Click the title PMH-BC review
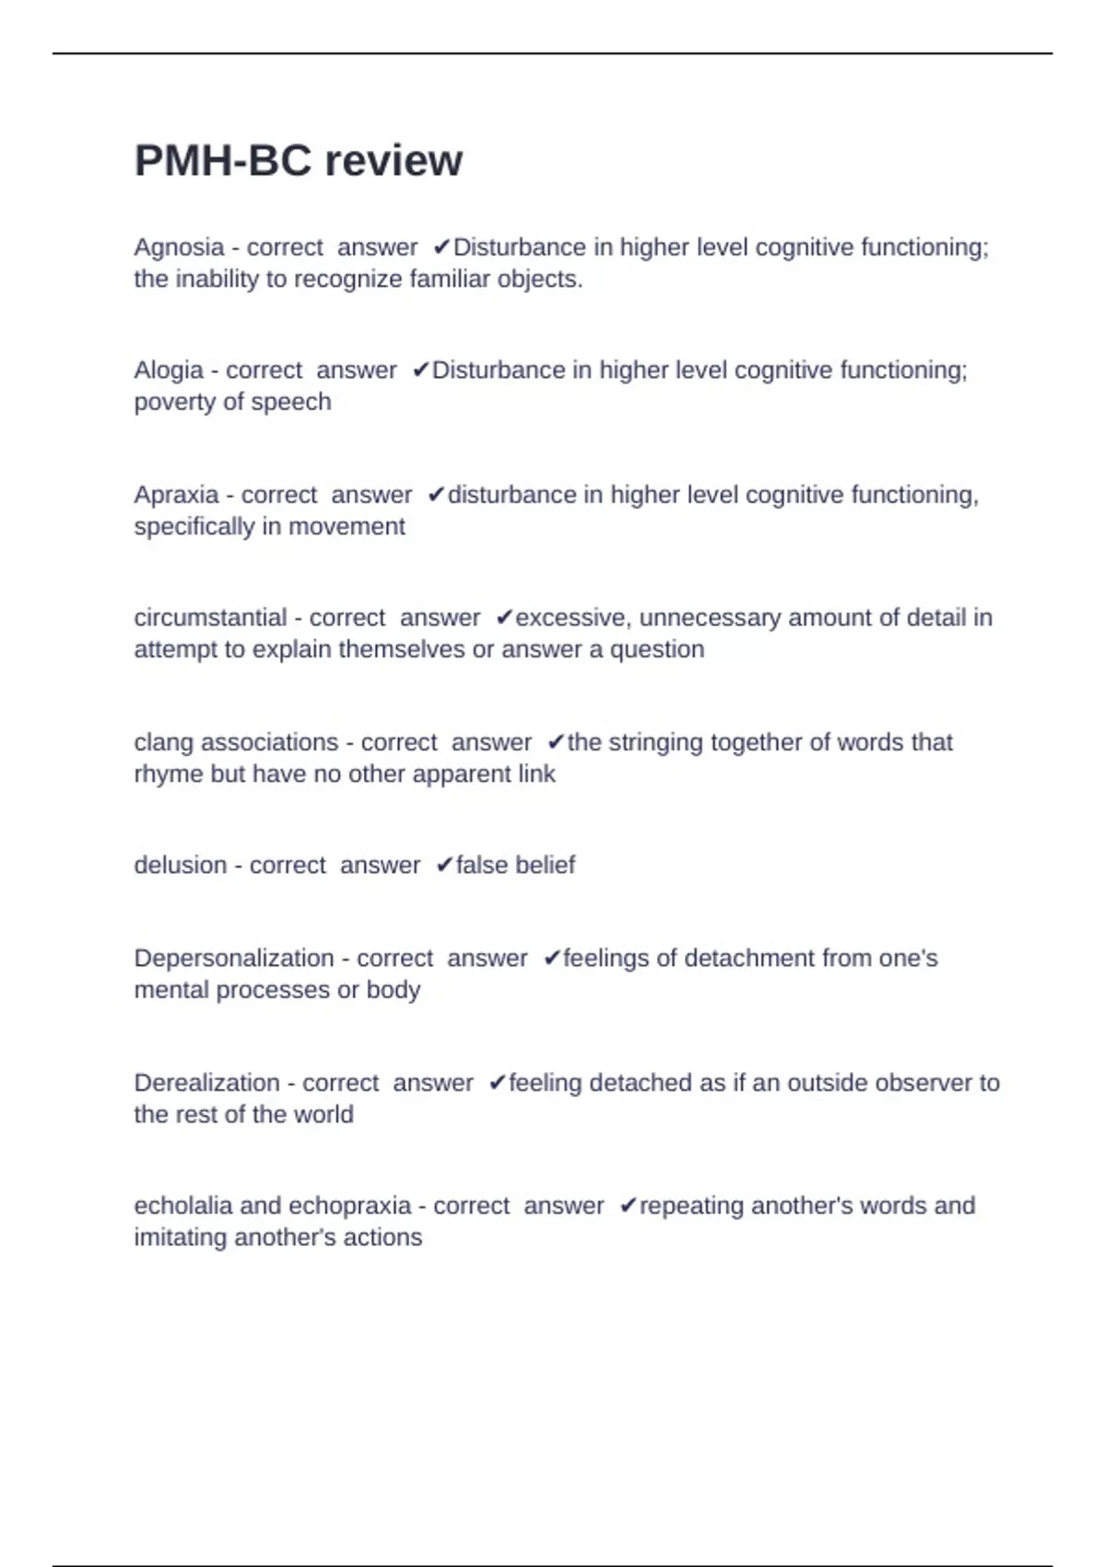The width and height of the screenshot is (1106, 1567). pyautogui.click(x=298, y=160)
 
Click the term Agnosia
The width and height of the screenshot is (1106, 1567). pyautogui.click(x=179, y=247)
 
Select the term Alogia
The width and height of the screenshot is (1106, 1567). pyautogui.click(x=168, y=370)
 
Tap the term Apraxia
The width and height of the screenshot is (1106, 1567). pyautogui.click(x=176, y=495)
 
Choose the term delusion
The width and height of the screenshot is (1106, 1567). pyautogui.click(x=180, y=865)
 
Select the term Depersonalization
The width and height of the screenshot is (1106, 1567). pyautogui.click(x=233, y=958)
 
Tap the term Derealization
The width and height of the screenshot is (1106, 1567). pyautogui.click(x=206, y=1082)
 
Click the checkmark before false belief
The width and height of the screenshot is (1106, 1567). pyautogui.click(x=444, y=865)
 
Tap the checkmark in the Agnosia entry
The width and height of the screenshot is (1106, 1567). pyautogui.click(x=441, y=247)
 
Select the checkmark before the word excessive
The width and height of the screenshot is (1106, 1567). pyautogui.click(x=504, y=618)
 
